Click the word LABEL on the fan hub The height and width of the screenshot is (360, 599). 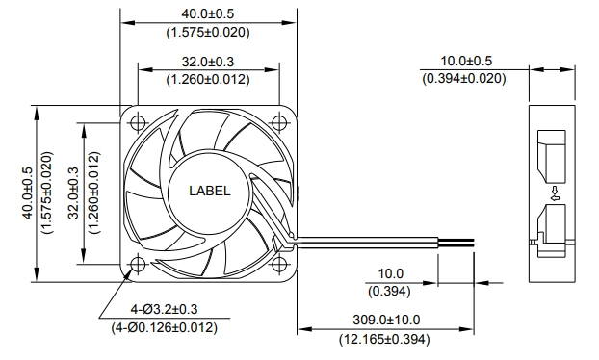point(210,191)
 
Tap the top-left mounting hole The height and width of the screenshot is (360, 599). point(138,123)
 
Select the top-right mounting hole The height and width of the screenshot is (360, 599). point(279,123)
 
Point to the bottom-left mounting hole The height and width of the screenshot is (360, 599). point(138,264)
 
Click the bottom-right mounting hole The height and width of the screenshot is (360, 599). point(279,264)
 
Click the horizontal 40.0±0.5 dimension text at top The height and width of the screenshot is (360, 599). point(207,14)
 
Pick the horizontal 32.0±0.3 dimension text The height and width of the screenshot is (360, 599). point(207,62)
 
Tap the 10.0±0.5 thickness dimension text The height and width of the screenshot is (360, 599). point(466,61)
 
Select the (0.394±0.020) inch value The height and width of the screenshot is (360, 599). point(464,79)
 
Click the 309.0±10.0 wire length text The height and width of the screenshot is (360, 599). point(386,320)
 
